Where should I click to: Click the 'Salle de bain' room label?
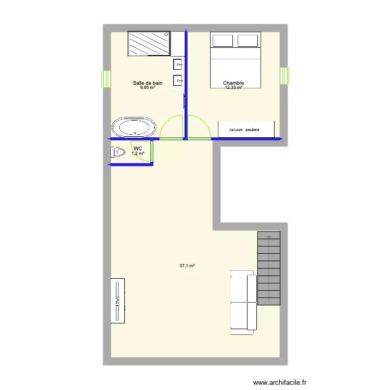click(x=148, y=83)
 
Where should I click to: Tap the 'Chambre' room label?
click(x=233, y=83)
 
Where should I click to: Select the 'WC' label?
click(x=137, y=149)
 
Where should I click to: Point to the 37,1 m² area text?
click(x=187, y=266)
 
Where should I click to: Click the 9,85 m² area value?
click(x=148, y=88)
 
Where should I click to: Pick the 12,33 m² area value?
click(x=233, y=88)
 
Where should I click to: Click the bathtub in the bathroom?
click(x=134, y=128)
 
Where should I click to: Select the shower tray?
click(x=149, y=43)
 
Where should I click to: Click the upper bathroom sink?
click(x=178, y=65)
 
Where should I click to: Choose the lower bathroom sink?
click(x=178, y=81)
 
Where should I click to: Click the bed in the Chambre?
click(x=235, y=60)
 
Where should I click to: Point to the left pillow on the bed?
click(x=222, y=41)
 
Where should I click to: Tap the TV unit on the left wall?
click(x=118, y=301)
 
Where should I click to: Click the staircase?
click(x=268, y=268)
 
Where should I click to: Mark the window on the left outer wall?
click(x=107, y=79)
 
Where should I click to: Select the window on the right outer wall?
click(x=284, y=76)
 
